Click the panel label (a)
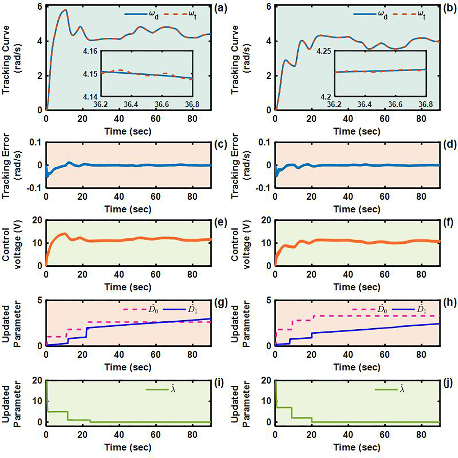tap(221, 8)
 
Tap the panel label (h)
tap(450, 302)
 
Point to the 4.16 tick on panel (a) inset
tap(90, 51)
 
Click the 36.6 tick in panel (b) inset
tap(395, 104)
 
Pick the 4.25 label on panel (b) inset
tap(324, 51)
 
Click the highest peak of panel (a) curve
tap(65, 10)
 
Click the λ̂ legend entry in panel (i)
tap(161, 390)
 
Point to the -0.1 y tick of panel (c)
tap(34, 188)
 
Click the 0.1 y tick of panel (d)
tap(264, 143)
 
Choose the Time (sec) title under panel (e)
tap(128, 287)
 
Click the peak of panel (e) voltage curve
tap(65, 233)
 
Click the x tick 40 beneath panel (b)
tap(348, 119)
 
